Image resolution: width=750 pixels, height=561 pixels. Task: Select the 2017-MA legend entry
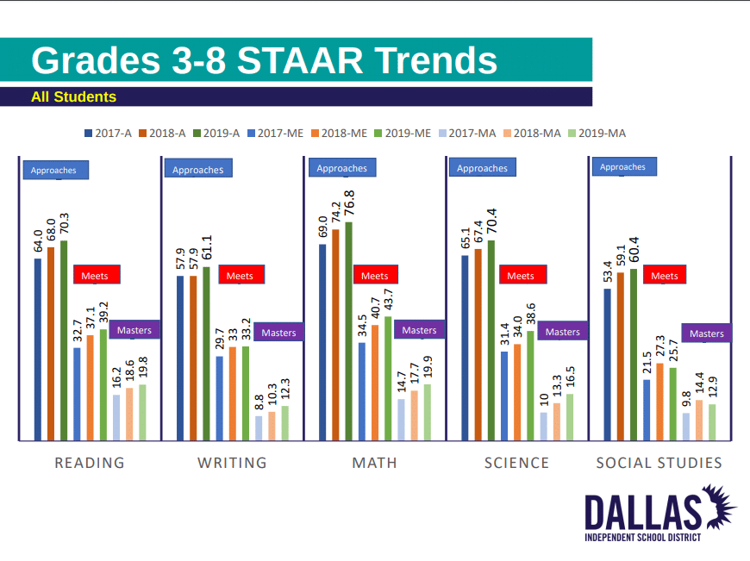[469, 133]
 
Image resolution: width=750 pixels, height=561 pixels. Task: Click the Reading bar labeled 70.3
[64, 340]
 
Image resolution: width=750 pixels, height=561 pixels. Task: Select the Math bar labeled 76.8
[348, 331]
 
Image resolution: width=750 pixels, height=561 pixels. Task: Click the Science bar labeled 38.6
[530, 386]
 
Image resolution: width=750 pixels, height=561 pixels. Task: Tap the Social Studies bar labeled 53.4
[608, 365]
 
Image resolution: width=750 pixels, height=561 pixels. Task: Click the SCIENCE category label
[516, 463]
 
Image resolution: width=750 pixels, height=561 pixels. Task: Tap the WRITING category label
[232, 463]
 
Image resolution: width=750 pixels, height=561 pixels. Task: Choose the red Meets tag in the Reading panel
[97, 276]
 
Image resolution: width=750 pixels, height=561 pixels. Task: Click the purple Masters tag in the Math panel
[420, 330]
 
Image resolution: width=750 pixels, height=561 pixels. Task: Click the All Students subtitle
[73, 97]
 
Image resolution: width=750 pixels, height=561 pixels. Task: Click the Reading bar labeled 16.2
[116, 418]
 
